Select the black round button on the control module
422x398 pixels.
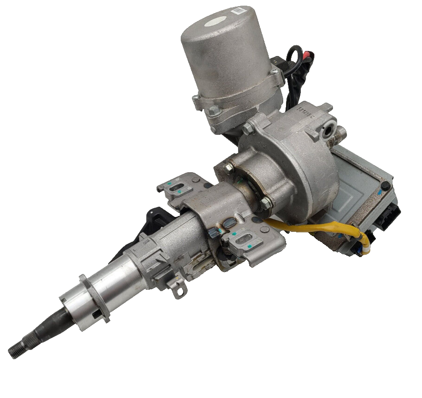(x=385, y=185)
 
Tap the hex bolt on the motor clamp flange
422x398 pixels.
(x=214, y=111)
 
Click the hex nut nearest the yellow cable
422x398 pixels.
(x=266, y=203)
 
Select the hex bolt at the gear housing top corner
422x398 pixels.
(x=248, y=127)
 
